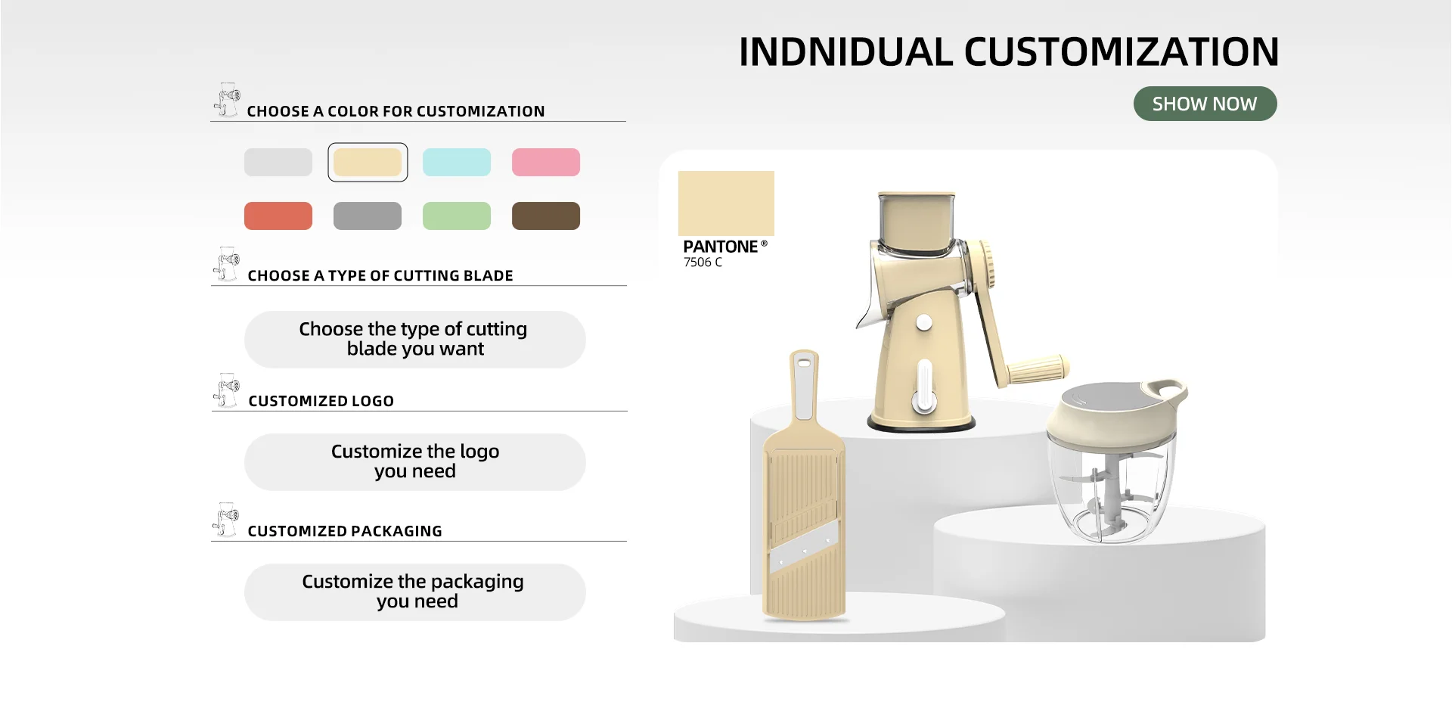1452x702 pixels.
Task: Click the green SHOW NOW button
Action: pyautogui.click(x=1205, y=104)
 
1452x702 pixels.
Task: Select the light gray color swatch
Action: pyautogui.click(x=278, y=162)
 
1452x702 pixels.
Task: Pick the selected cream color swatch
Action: pyautogui.click(x=368, y=162)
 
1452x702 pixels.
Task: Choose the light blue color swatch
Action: pyautogui.click(x=457, y=162)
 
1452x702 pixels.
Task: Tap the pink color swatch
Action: pyautogui.click(x=546, y=162)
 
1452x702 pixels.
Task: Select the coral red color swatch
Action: pyautogui.click(x=278, y=216)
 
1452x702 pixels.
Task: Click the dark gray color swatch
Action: pyautogui.click(x=368, y=216)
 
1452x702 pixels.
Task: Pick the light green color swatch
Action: pyautogui.click(x=457, y=216)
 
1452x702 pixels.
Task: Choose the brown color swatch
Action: pyautogui.click(x=546, y=216)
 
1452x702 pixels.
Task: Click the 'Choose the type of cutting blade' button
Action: pyautogui.click(x=414, y=340)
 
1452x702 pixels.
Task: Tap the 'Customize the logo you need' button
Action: pyautogui.click(x=414, y=462)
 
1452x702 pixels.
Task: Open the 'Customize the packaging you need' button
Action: pyautogui.click(x=414, y=592)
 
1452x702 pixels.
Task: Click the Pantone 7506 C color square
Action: pyautogui.click(x=726, y=203)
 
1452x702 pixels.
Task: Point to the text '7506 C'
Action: pyautogui.click(x=703, y=262)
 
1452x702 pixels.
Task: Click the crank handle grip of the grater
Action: pyautogui.click(x=1038, y=369)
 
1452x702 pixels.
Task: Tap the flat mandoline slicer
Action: pyautogui.click(x=804, y=488)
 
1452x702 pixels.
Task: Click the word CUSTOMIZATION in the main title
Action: pyautogui.click(x=1122, y=52)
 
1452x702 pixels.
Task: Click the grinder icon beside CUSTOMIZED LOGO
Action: pyautogui.click(x=226, y=390)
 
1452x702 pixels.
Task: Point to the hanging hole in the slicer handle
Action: pyautogui.click(x=803, y=364)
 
